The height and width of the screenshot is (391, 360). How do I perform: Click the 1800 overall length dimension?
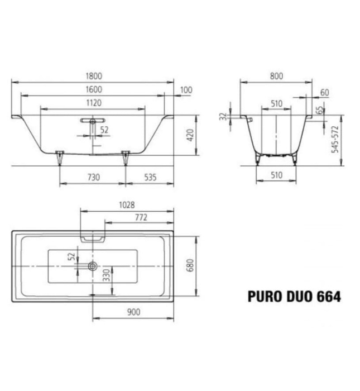click(x=93, y=76)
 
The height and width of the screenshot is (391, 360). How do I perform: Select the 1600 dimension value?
click(x=93, y=89)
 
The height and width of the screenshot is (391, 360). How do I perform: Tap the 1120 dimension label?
click(x=93, y=103)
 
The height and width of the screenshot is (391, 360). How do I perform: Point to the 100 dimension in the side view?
click(x=186, y=90)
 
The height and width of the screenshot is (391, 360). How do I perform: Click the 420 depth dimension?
click(x=190, y=135)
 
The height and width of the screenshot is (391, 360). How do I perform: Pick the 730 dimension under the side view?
click(x=93, y=177)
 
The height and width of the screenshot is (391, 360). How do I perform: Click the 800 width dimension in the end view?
click(x=276, y=76)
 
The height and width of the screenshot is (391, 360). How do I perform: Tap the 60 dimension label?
click(x=325, y=92)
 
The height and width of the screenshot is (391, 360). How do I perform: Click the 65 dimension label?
click(x=320, y=111)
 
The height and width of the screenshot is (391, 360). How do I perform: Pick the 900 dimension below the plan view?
click(x=133, y=312)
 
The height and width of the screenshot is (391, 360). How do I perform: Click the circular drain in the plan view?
click(x=93, y=266)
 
